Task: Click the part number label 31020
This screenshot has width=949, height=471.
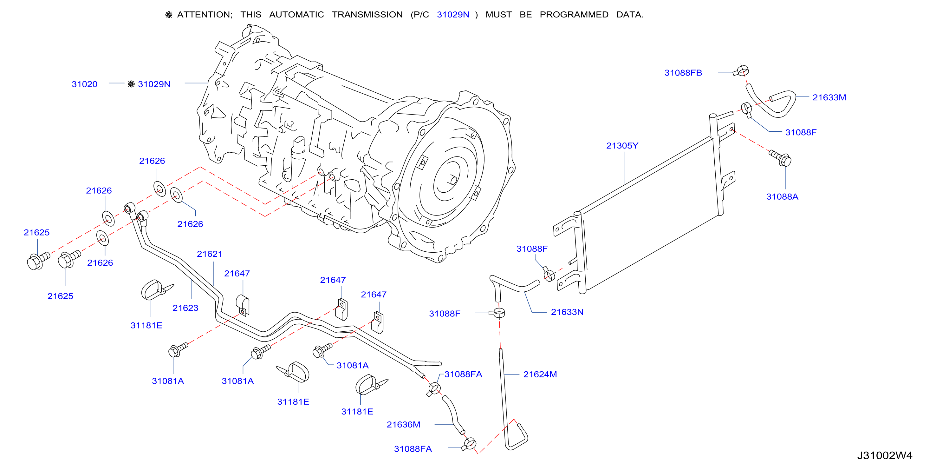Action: click(84, 84)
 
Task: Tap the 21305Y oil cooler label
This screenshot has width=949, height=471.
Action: click(622, 146)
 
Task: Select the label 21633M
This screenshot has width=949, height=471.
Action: click(829, 97)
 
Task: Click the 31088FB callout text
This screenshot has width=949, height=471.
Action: click(683, 73)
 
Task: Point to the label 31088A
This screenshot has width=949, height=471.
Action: click(782, 196)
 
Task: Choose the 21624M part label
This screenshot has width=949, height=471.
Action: click(540, 375)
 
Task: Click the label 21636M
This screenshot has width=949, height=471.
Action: click(403, 425)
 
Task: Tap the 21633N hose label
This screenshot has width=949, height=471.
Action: click(567, 312)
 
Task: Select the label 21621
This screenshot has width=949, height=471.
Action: click(210, 254)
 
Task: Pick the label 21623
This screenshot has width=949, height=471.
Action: click(185, 308)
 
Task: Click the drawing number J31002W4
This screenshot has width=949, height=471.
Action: click(885, 455)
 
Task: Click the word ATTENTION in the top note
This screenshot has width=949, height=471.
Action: click(205, 15)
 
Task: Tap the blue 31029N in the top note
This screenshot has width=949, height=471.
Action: click(453, 15)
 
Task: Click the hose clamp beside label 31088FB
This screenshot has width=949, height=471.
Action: click(741, 70)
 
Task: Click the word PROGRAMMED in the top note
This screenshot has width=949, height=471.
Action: click(574, 15)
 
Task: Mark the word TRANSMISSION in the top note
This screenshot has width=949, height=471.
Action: click(367, 15)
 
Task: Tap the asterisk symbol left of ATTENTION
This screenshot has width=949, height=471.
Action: click(169, 15)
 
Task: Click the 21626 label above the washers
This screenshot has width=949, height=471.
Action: click(152, 161)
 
